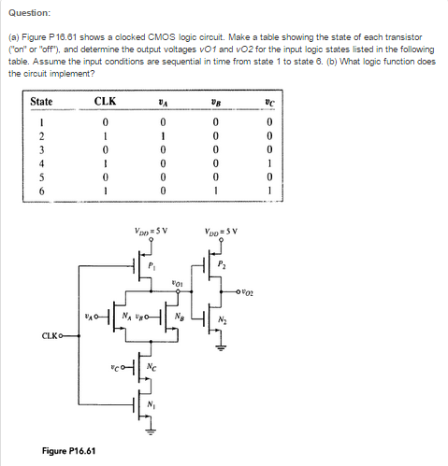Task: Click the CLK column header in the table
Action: point(105,102)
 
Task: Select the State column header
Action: point(41,102)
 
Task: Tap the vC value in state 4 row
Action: point(269,163)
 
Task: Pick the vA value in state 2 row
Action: point(163,136)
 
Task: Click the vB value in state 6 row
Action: point(216,191)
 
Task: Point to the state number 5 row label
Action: point(41,177)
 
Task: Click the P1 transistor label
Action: point(152,265)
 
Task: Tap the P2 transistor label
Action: point(222,264)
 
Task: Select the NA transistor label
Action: point(126,317)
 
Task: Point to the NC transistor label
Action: point(152,367)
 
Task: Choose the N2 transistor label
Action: point(223,319)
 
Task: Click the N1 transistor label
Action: point(152,404)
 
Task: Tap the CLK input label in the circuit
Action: point(50,336)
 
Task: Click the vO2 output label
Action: point(248,292)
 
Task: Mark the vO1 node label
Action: point(177,284)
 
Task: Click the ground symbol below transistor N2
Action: point(221,347)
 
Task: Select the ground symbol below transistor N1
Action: point(151,432)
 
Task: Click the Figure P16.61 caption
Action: point(68,451)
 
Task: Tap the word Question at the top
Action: point(29,13)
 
